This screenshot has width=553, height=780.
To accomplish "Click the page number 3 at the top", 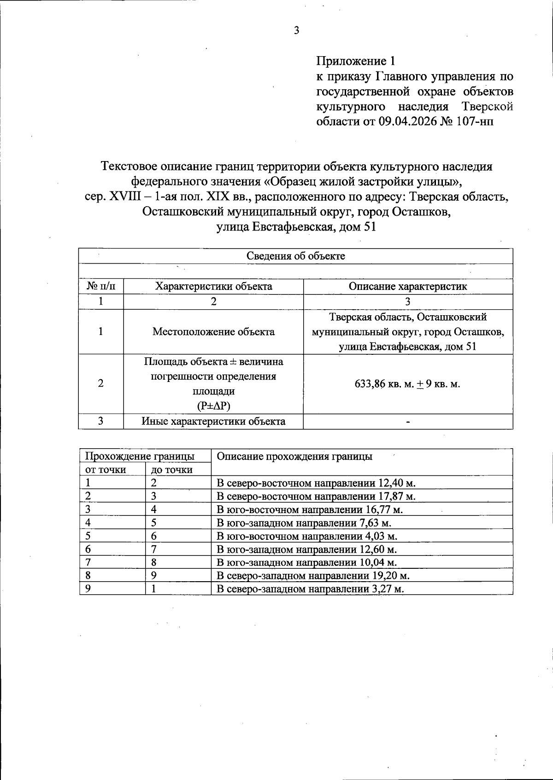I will pyautogui.click(x=296, y=31).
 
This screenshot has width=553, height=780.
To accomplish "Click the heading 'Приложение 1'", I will pyautogui.click(x=355, y=61).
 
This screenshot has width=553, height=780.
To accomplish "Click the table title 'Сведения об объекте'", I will pyautogui.click(x=295, y=256).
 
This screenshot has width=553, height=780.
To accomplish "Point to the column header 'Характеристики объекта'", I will pyautogui.click(x=213, y=286).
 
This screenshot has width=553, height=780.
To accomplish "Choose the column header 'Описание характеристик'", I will pyautogui.click(x=408, y=286).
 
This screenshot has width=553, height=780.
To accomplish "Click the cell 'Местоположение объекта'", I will pyautogui.click(x=213, y=331).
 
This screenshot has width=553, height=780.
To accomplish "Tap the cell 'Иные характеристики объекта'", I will pyautogui.click(x=213, y=421).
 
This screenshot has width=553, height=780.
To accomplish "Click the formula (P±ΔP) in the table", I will pyautogui.click(x=213, y=406).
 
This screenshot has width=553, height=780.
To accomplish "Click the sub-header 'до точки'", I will pyautogui.click(x=172, y=469).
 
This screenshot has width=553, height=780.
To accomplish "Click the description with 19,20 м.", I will pyautogui.click(x=313, y=575).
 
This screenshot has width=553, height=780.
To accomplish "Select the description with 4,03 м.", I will pyautogui.click(x=307, y=536).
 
